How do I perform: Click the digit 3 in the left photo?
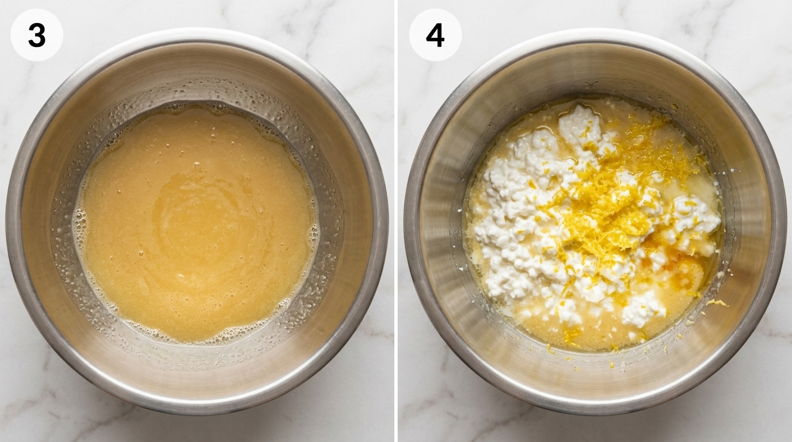(37, 35)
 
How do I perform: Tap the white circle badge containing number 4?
(435, 35)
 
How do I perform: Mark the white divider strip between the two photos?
(396, 221)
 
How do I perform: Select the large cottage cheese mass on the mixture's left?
(509, 219)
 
